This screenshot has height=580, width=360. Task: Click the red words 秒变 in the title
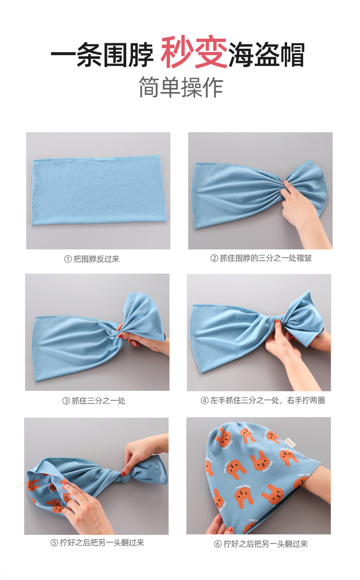pos(194,55)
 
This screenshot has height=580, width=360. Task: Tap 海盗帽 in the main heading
pos(267,55)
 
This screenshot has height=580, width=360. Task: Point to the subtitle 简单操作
pos(181,88)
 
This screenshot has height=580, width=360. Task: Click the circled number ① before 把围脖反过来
pos(68,259)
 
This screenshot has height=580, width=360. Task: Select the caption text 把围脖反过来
pos(97,259)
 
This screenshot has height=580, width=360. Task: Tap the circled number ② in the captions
pos(214,258)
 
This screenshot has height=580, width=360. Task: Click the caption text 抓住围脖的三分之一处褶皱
pos(266,258)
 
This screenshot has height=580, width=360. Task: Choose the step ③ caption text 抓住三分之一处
pos(98,401)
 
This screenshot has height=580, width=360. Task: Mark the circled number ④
pos(205,401)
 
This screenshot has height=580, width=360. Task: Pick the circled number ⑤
pos(54,543)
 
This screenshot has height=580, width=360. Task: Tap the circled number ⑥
pos(218,544)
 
